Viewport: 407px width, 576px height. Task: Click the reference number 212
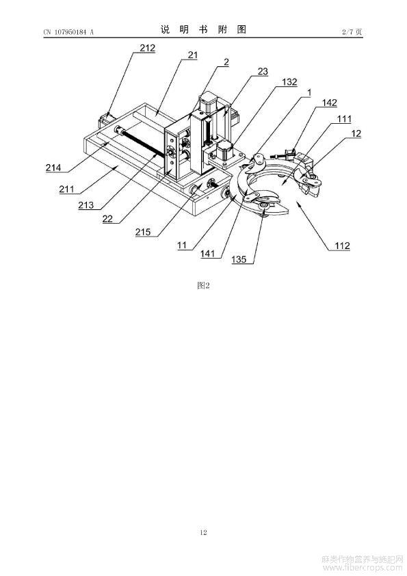point(147,48)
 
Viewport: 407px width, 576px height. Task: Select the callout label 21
point(193,55)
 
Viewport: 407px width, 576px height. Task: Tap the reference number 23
point(263,71)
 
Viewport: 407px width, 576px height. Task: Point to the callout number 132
point(289,82)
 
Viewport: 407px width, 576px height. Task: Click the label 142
point(329,103)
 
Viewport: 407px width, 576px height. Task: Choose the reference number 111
point(344,119)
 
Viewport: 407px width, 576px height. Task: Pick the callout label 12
point(356,133)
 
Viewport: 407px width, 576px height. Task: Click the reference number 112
point(342,246)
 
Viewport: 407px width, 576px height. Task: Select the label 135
point(239,259)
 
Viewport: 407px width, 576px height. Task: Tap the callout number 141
point(207,254)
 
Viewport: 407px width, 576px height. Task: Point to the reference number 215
point(143,232)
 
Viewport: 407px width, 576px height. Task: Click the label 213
point(86,205)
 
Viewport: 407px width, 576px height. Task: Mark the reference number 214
point(53,168)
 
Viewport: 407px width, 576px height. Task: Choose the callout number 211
point(66,189)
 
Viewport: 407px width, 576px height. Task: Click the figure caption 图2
point(203,285)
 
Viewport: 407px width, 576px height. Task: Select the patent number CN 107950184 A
point(68,32)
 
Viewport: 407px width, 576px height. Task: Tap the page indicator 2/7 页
point(352,31)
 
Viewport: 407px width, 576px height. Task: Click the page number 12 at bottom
point(204,532)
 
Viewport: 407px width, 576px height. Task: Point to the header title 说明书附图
point(203,29)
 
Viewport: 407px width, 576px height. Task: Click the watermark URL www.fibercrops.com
point(363,568)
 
